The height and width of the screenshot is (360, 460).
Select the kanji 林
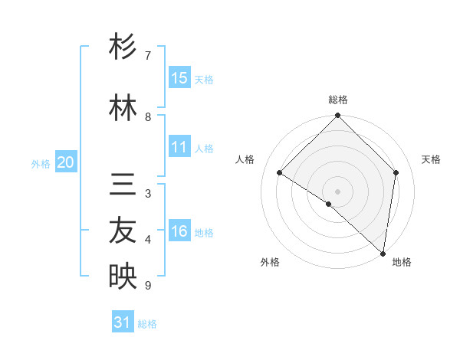(x=123, y=108)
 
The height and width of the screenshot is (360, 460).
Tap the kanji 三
(x=123, y=186)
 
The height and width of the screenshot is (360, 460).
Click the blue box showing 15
(x=179, y=78)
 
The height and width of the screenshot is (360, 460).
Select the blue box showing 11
(x=179, y=147)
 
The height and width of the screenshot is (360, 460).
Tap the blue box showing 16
(x=179, y=232)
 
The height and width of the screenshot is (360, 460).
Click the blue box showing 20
(x=66, y=162)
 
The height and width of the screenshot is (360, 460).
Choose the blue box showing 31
(x=123, y=322)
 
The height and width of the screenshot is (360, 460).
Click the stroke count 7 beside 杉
(x=148, y=56)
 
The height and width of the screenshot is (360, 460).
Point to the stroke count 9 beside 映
(x=148, y=286)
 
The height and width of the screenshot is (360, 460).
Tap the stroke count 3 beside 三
(x=148, y=194)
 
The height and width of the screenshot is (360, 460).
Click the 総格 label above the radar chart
(x=337, y=100)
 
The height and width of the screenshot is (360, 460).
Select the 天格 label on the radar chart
(x=431, y=159)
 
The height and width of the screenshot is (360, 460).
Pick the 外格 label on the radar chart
(x=270, y=263)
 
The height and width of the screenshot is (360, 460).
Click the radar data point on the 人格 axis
(x=280, y=173)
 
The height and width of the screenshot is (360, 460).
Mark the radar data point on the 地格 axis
(x=383, y=254)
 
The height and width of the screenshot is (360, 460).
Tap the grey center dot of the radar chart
(x=337, y=191)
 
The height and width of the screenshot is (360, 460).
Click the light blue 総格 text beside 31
(x=147, y=324)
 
